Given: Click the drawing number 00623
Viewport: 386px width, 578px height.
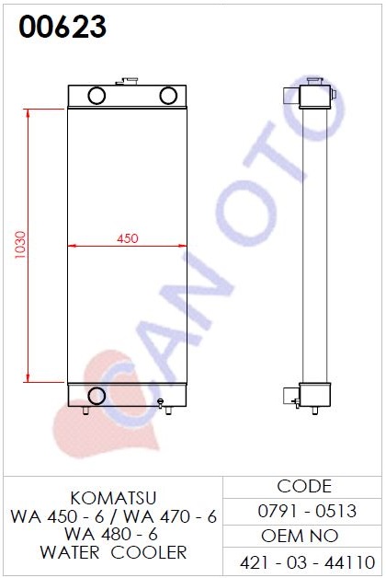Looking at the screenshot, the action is coord(62,27).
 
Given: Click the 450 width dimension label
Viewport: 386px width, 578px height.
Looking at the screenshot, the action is coord(128,238).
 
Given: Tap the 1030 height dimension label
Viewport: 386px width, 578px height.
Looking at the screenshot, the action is coord(20,245).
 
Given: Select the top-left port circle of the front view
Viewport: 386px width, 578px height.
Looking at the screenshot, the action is coord(96,96).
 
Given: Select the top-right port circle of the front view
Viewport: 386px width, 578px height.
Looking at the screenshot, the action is coord(168,96).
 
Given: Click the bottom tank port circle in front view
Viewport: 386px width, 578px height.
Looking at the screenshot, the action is coord(96,396).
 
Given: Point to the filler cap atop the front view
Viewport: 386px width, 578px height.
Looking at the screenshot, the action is coord(127,81).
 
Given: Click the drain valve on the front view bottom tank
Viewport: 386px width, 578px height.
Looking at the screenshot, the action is coord(160,403).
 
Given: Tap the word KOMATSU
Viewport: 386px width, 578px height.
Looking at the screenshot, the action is coord(113,498).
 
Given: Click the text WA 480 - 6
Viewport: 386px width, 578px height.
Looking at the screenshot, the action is coord(111,534).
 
